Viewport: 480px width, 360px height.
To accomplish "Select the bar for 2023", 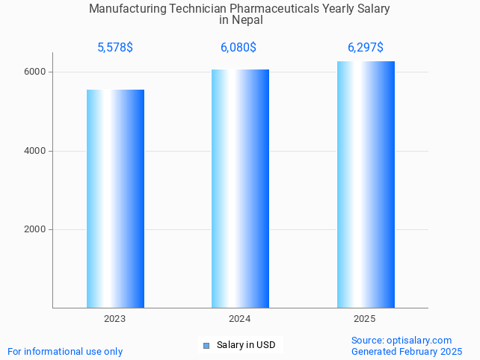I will (115, 199).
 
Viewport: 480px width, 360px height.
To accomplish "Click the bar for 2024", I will (240, 188).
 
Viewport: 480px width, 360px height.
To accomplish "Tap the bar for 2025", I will (366, 184).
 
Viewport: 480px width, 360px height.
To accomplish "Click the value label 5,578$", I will (115, 48).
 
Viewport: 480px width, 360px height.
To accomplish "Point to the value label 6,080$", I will (239, 48).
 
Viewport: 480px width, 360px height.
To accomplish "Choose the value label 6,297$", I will (366, 48).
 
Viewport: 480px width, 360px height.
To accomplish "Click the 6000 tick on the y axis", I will (36, 72).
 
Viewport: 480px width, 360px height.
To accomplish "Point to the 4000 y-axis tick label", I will (36, 151).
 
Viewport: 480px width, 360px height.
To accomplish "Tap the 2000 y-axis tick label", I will (36, 229).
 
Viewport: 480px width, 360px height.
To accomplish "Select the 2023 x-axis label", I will (115, 319).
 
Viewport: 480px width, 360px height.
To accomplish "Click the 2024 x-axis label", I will (239, 319).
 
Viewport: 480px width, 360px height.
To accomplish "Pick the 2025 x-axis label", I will (365, 319).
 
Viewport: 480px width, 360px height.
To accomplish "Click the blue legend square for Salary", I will (206, 345).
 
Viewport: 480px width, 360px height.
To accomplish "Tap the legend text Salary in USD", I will (246, 345).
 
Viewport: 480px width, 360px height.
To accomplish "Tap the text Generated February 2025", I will (407, 351).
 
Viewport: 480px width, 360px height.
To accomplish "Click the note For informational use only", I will (65, 351).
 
